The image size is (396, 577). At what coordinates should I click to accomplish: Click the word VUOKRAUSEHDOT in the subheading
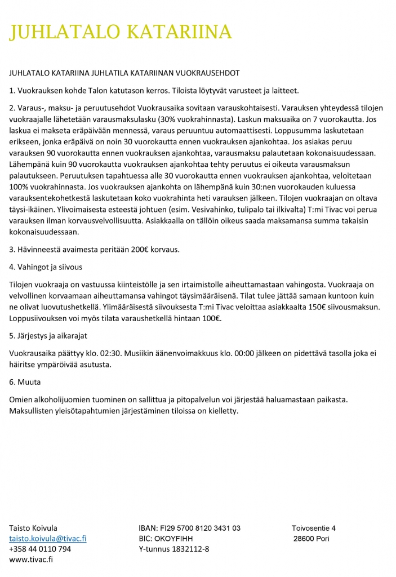[207, 73]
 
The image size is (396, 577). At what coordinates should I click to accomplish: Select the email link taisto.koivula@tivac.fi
[48, 538]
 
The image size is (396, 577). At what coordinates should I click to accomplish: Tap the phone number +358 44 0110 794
[40, 549]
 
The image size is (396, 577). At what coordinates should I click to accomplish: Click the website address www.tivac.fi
[31, 560]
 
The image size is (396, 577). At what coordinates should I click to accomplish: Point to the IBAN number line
[189, 528]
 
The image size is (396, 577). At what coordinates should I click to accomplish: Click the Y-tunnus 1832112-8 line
[173, 549]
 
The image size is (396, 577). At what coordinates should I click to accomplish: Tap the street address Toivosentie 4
[313, 528]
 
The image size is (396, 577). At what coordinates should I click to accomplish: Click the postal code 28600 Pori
[312, 538]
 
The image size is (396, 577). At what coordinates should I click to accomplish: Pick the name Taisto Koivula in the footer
[33, 528]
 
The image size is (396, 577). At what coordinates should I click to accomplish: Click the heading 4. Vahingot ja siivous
[46, 267]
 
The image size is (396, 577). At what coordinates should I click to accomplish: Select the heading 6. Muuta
[25, 381]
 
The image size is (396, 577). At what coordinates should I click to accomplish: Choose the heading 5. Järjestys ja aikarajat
[52, 336]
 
